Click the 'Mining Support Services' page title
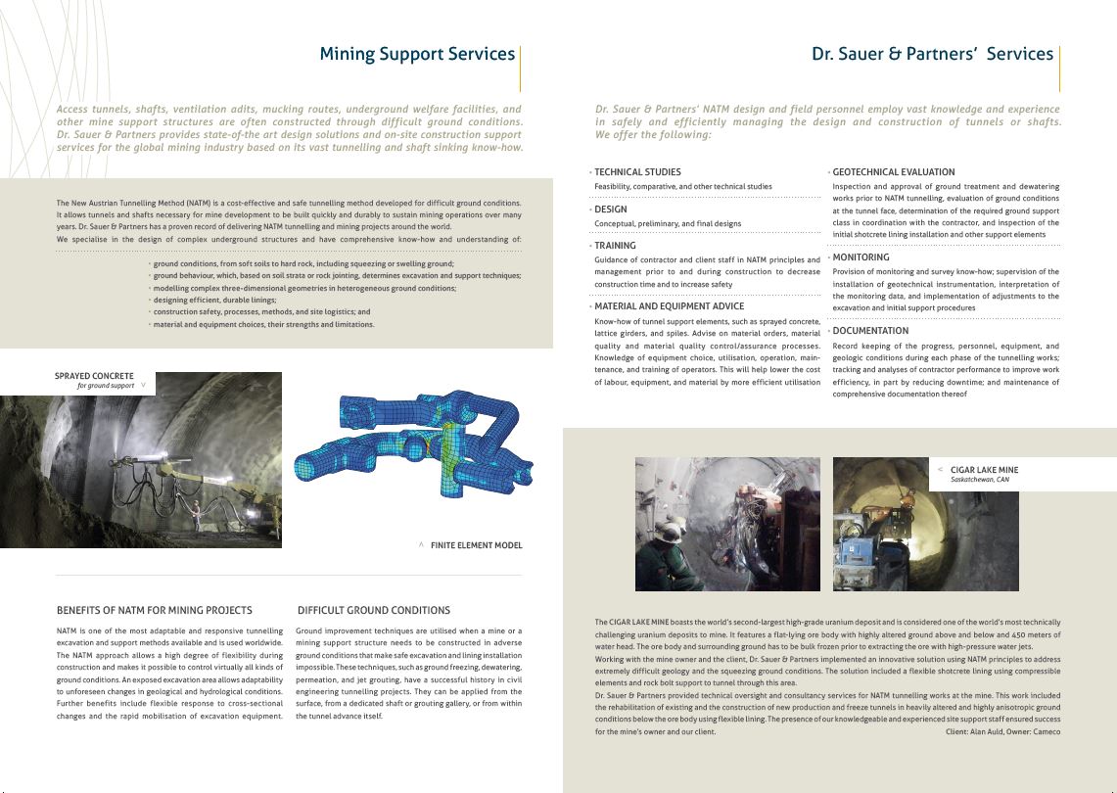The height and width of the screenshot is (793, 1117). click(x=417, y=54)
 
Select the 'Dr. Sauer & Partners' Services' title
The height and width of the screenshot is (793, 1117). click(x=932, y=54)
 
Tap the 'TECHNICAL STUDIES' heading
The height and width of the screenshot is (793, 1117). click(x=637, y=172)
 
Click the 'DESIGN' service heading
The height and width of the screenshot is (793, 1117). click(x=611, y=210)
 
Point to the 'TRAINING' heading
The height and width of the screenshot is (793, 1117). click(x=615, y=246)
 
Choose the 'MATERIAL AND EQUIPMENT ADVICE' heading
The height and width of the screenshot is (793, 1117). click(x=669, y=306)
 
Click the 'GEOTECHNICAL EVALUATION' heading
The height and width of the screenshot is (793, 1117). click(x=893, y=172)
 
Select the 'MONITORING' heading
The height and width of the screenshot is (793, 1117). click(x=861, y=257)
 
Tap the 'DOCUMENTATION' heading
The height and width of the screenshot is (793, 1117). click(x=870, y=331)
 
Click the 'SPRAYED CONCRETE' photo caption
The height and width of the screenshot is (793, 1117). click(x=94, y=375)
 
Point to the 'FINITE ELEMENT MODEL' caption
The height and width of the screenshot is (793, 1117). click(x=476, y=545)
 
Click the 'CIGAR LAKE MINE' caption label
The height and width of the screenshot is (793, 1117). click(x=984, y=470)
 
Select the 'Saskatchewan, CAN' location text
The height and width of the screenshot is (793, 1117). click(x=979, y=481)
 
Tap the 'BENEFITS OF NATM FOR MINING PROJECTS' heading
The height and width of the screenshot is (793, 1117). click(x=155, y=610)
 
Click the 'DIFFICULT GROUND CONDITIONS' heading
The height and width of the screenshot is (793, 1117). click(x=373, y=610)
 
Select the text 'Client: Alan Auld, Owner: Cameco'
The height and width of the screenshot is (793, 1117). click(x=1002, y=731)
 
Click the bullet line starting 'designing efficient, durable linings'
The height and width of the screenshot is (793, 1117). click(x=214, y=300)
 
